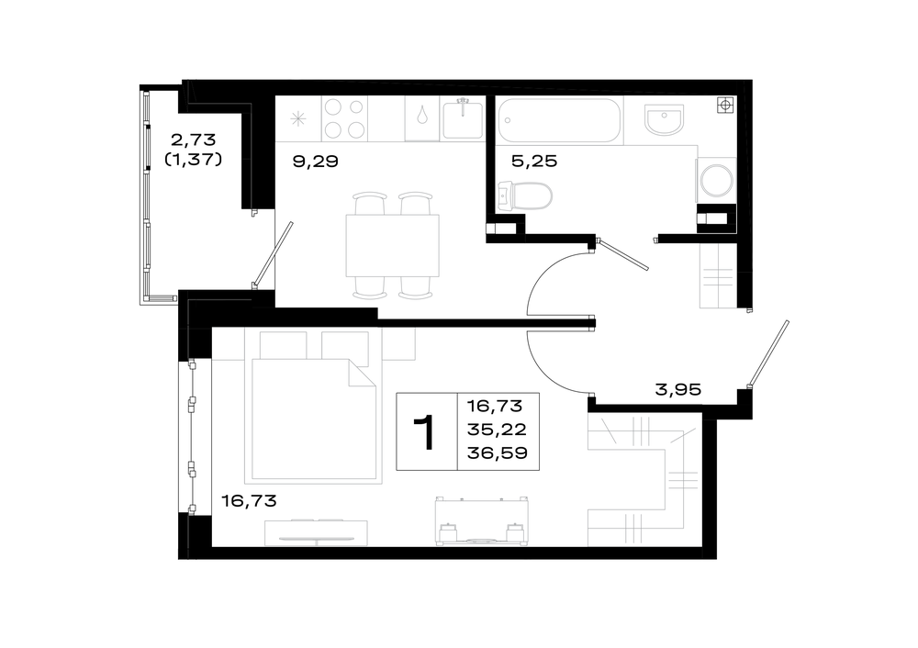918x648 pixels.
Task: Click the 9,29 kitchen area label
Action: click(x=315, y=161)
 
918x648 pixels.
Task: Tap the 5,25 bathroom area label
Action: click(x=534, y=161)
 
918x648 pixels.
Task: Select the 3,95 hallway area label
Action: click(x=678, y=389)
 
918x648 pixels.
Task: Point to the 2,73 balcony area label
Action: click(x=193, y=140)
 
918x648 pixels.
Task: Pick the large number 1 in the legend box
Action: click(x=425, y=432)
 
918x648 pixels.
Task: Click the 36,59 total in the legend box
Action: click(x=497, y=453)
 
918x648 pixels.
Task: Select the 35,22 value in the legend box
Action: click(x=497, y=430)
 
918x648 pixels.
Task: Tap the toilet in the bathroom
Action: click(x=524, y=196)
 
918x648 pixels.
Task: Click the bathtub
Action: click(x=559, y=120)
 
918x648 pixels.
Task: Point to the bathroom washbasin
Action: click(x=665, y=119)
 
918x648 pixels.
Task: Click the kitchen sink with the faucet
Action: click(x=463, y=119)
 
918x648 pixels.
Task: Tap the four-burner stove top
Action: click(x=344, y=119)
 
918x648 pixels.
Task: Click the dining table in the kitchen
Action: click(x=392, y=245)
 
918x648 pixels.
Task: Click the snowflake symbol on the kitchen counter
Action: click(x=298, y=119)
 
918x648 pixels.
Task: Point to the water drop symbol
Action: click(x=422, y=115)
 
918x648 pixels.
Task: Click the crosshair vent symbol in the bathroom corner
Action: click(x=725, y=106)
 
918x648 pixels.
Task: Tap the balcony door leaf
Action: click(x=273, y=254)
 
